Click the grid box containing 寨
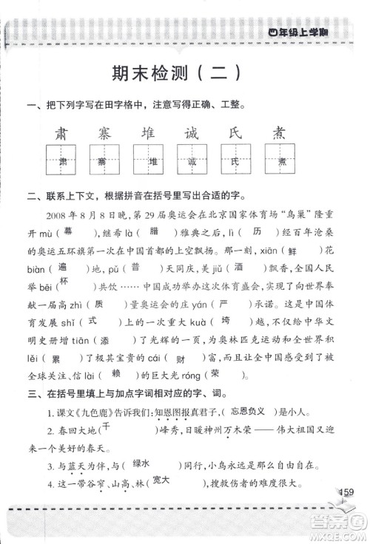pyautogui.click(x=106, y=162)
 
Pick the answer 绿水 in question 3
pyautogui.click(x=143, y=466)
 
